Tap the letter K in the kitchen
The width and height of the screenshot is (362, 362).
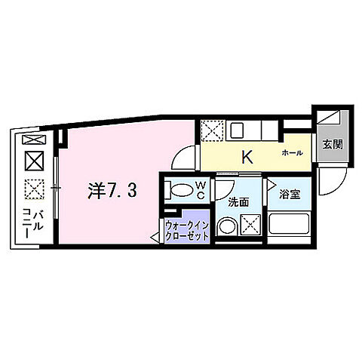click(246, 158)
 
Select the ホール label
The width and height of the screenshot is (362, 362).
click(292, 153)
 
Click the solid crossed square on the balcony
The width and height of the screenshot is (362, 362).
click(33, 161)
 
